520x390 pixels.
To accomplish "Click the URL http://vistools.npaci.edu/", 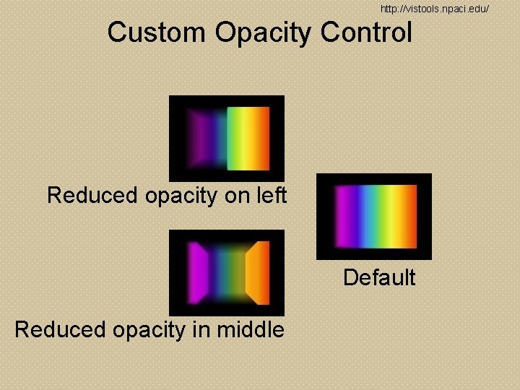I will (435, 9).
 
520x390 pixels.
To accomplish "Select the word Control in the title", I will (366, 32).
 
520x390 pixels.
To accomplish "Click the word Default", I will (379, 277).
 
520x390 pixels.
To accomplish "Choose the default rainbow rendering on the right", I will (374, 217).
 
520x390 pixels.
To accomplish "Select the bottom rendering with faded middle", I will (226, 273).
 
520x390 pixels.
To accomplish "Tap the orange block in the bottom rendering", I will (258, 272).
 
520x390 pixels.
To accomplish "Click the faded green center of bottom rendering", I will (227, 272).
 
